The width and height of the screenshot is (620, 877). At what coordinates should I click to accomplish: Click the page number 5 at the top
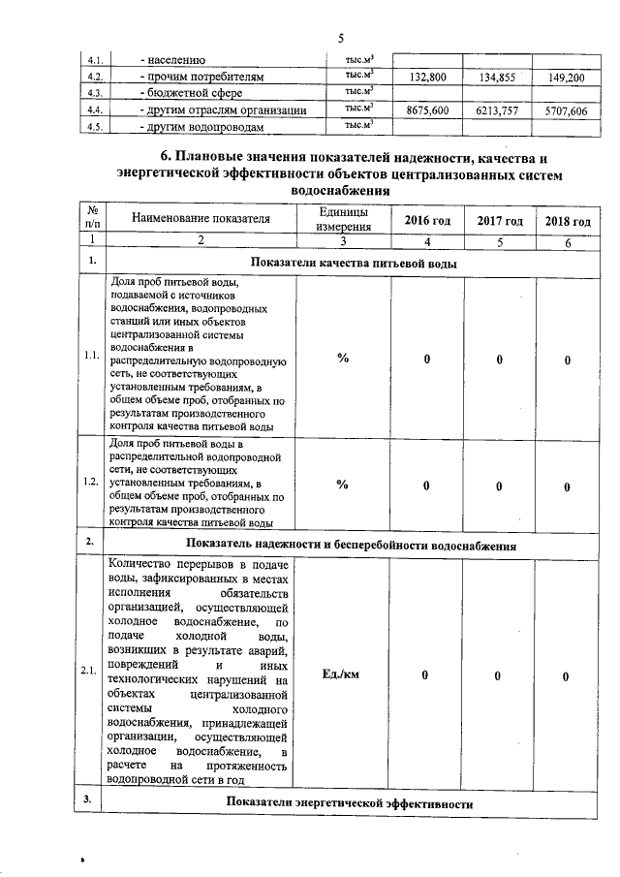(x=341, y=38)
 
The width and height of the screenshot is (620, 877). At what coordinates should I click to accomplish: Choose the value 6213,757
(x=498, y=111)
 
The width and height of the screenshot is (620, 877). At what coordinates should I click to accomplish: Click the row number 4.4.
(x=95, y=110)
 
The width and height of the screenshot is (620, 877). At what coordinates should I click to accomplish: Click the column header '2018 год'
(x=568, y=221)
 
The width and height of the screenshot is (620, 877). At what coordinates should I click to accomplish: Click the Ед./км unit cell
(x=342, y=675)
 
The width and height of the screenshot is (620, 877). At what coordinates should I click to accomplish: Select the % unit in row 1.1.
(x=342, y=359)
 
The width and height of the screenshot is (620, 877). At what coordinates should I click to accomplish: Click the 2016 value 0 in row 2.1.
(x=425, y=675)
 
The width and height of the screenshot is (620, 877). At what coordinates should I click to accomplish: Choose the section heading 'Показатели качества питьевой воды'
(x=354, y=263)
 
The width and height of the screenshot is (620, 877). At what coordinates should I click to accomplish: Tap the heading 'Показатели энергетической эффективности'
(x=349, y=804)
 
